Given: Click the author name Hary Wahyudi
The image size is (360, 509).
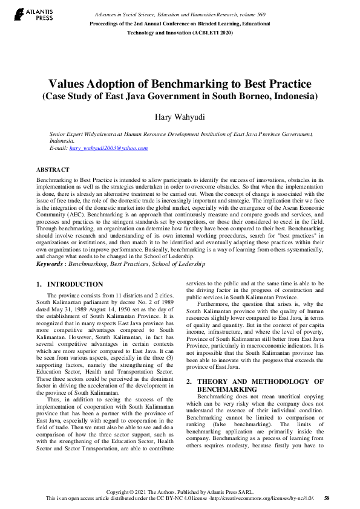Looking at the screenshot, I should point(180,117).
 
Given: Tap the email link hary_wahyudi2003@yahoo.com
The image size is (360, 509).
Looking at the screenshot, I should point(108,148).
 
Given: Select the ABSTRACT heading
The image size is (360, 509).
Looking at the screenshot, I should point(53,170).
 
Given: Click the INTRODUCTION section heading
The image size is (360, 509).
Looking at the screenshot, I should point(75,284).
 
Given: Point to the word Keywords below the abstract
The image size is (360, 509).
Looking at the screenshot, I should point(49,264).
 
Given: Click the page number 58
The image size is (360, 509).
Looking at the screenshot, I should point(327,498).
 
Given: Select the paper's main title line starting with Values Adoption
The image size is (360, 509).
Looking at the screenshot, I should point(180,83).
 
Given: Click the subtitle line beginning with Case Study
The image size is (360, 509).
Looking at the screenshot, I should point(180,96).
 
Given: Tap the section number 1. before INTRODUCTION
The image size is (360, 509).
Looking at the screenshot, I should point(39,284).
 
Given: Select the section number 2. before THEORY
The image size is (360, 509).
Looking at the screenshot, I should point(189,365).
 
